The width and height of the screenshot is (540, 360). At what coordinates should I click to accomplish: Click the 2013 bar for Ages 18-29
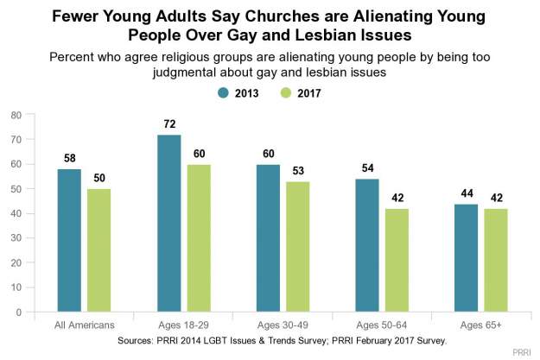point(168,224)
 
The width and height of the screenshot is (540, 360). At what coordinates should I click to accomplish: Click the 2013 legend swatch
point(222,92)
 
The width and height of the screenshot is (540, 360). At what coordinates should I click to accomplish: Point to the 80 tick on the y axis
point(16,114)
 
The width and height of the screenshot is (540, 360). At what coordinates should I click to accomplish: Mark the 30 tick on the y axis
point(16,238)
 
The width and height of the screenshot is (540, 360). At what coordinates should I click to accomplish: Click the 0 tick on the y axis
point(18,313)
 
